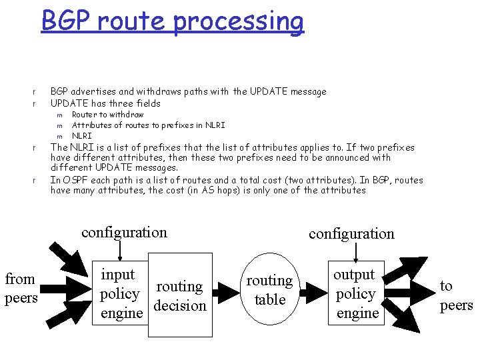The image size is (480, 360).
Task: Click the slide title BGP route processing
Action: (172, 21)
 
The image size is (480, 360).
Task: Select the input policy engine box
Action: (121, 293)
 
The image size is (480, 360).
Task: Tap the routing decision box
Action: (179, 295)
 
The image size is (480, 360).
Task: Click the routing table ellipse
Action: (269, 290)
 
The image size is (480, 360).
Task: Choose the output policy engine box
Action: (355, 293)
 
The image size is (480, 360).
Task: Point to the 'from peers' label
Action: (21, 288)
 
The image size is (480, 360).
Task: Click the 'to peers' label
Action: (456, 295)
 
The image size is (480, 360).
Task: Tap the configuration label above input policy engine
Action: (124, 233)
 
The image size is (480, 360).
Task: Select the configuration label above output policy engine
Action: (351, 233)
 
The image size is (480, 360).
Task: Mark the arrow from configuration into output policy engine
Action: (356, 251)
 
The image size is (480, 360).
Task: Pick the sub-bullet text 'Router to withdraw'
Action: (107, 115)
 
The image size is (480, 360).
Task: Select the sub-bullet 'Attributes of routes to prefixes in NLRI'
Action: (148, 125)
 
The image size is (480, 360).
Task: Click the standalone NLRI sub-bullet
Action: (82, 136)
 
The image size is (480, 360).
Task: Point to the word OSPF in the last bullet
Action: (73, 180)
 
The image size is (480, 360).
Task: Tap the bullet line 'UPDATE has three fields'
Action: (105, 103)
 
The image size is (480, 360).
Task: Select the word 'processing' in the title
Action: (239, 21)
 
